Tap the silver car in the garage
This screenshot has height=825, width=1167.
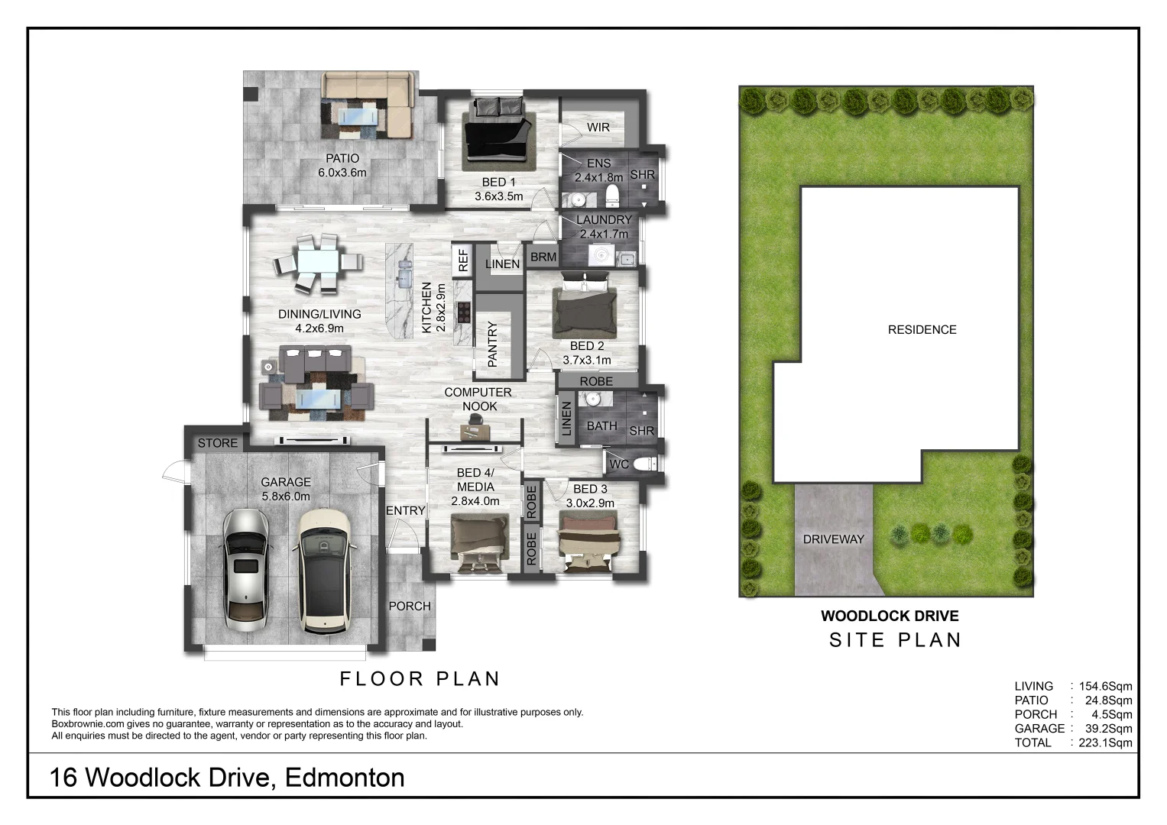pos(246,568)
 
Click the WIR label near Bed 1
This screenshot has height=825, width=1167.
pos(598,127)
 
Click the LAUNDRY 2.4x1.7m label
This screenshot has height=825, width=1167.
pos(604,227)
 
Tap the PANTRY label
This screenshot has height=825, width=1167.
pos(492,344)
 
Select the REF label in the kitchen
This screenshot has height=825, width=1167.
pos(462,261)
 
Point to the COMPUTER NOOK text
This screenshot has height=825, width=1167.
pos(478,399)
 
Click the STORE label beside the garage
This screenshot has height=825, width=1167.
pos(218,443)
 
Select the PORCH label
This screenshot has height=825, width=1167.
pos(410,606)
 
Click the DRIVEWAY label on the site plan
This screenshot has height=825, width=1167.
pos(833,539)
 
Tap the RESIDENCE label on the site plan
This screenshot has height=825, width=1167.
pos(922,330)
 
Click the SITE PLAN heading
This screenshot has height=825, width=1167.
pos(895,640)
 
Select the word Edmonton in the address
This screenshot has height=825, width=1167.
pos(344,778)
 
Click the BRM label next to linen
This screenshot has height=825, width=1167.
pos(543,257)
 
